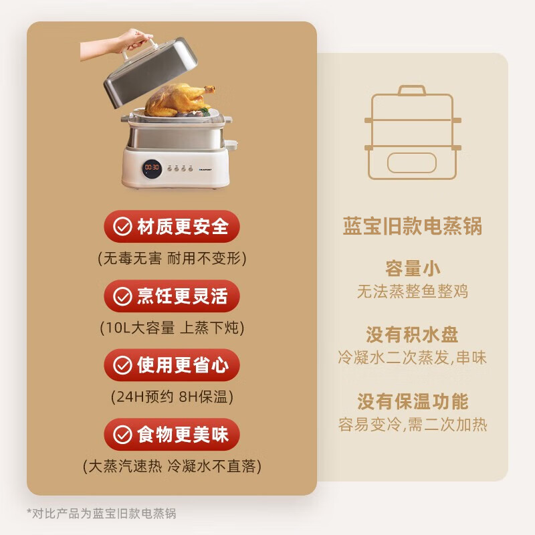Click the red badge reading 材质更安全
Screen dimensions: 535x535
point(172,227)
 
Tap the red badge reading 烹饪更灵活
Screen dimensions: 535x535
point(172,296)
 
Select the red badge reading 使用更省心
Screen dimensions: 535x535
point(172,365)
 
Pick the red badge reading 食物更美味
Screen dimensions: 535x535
point(172,434)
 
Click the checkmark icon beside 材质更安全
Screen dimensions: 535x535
point(122,227)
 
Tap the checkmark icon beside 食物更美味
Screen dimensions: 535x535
point(122,434)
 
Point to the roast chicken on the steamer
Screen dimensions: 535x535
point(179,100)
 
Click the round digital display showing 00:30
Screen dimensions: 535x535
point(152,169)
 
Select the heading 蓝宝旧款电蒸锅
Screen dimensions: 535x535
point(412,226)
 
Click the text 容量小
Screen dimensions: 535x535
point(413,269)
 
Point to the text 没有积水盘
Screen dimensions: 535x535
point(412,335)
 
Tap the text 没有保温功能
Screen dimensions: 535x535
point(413,401)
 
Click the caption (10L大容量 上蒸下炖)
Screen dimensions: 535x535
point(172,328)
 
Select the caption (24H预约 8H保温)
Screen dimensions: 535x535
point(172,397)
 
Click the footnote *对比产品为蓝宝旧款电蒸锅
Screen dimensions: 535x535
point(102,513)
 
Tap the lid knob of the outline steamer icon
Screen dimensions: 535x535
point(412,90)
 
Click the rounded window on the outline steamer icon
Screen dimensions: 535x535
point(412,163)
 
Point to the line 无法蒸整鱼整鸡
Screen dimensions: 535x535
point(413,292)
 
